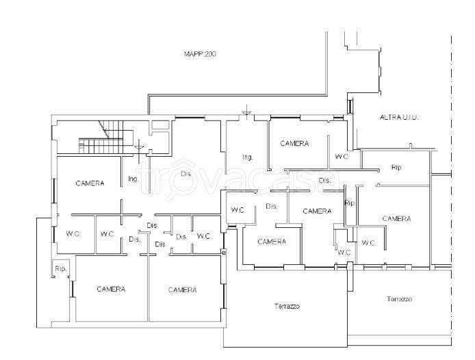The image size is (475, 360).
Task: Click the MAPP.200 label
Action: tap(200, 54)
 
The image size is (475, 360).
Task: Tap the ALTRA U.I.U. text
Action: tap(399, 117)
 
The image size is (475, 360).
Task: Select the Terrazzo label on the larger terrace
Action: tap(287, 306)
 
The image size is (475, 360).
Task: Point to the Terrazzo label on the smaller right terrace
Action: tap(399, 299)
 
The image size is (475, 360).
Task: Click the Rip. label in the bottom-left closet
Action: tap(61, 269)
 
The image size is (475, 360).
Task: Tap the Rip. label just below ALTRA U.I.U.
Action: tap(397, 167)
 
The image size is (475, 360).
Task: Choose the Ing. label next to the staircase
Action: tap(133, 179)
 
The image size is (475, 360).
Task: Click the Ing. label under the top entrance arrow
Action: tap(248, 157)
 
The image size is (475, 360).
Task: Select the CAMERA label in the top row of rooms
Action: tap(294, 143)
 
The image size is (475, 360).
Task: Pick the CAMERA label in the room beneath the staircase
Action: tap(90, 183)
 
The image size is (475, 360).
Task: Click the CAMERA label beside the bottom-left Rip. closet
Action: tap(111, 289)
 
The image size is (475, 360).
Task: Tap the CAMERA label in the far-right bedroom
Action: tap(396, 218)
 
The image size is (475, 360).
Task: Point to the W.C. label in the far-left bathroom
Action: tap(73, 234)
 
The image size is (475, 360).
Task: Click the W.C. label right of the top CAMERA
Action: tap(342, 157)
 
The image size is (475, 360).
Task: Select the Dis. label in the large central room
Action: tap(186, 174)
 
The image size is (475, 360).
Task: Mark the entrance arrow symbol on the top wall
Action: tap(247, 111)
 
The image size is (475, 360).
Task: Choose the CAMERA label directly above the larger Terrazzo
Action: tap(272, 242)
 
